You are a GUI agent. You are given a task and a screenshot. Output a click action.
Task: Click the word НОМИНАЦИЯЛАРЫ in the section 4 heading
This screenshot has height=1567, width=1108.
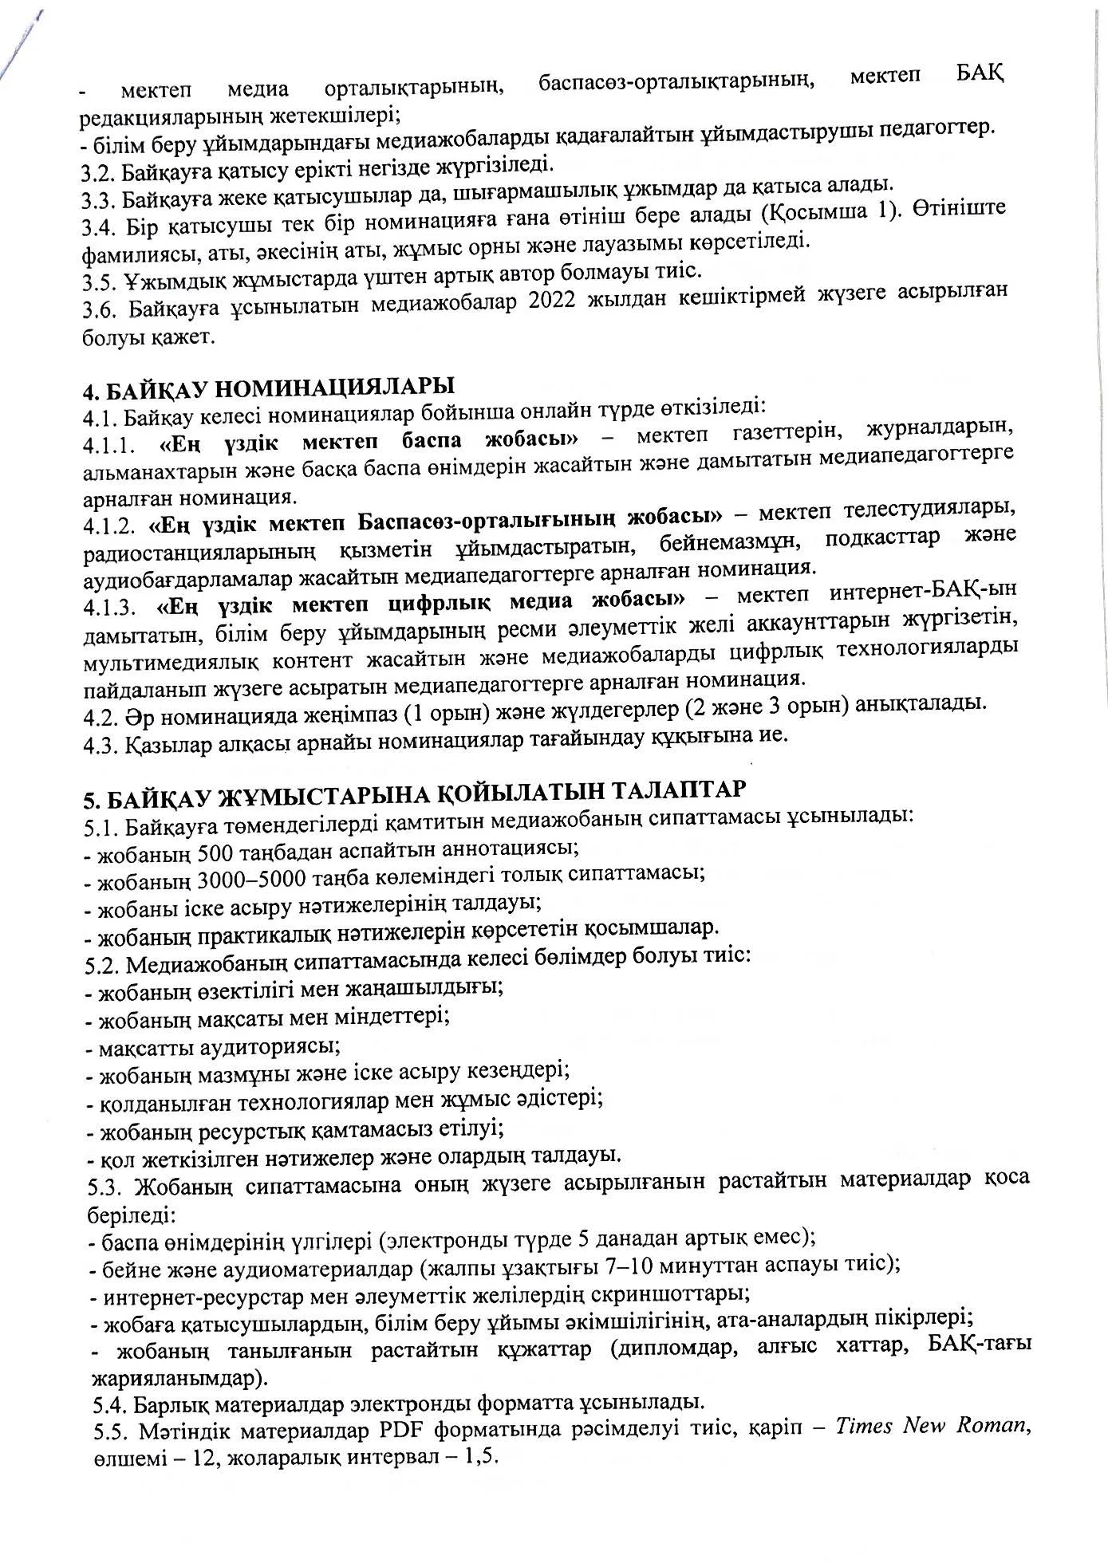point(335,388)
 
